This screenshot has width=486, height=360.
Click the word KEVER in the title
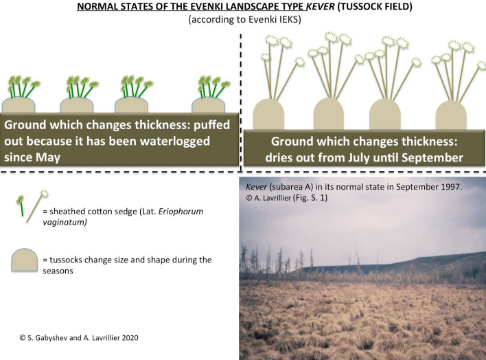(321, 6)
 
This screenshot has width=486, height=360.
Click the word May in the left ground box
(47, 157)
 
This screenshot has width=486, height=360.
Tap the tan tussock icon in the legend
(25, 260)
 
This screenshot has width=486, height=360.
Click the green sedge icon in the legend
(21, 205)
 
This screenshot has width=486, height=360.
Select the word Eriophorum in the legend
(181, 212)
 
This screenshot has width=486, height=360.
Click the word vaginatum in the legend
(65, 222)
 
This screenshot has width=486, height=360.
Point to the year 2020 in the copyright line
(130, 337)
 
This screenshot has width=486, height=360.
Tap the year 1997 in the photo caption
(452, 187)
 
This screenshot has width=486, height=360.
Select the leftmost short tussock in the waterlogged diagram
(19, 105)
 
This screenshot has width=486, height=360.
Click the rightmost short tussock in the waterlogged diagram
(208, 105)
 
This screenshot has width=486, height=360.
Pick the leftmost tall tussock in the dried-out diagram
(268, 114)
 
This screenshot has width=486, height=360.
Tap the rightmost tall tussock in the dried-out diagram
(451, 115)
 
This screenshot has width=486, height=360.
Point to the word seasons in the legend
(58, 271)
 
